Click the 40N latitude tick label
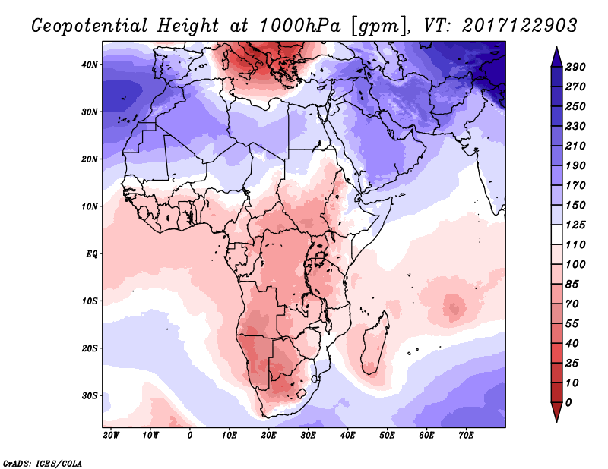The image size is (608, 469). point(90,65)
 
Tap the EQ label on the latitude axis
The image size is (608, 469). point(91,253)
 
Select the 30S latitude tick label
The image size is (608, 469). point(90,395)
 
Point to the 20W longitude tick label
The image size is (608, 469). point(111,436)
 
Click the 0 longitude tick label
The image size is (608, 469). point(190,436)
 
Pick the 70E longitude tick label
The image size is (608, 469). point(466,436)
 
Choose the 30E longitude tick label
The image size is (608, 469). point(308,436)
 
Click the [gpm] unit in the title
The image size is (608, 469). point(376,26)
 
